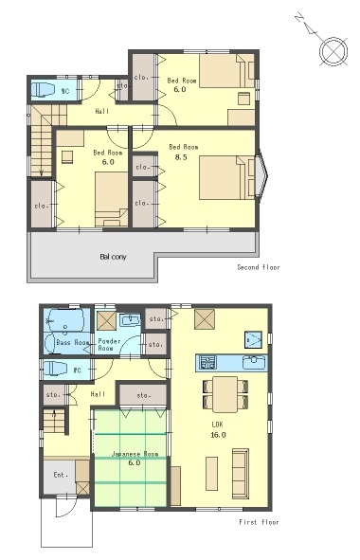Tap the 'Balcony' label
coord(114,257)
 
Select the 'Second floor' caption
coord(259,267)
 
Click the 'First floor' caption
coord(259,522)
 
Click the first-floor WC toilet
coord(55,370)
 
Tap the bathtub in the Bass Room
coord(67,320)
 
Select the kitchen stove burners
coord(207,362)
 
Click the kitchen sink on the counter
coord(254,363)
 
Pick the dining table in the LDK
coord(225,394)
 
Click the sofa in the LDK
coord(241,474)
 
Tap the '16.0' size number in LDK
coord(218,435)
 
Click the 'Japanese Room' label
coord(135,454)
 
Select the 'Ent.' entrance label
coord(61,475)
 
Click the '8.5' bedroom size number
coord(181,157)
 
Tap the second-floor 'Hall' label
coord(101,112)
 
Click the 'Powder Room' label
coord(109,345)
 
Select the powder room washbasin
coord(131,320)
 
